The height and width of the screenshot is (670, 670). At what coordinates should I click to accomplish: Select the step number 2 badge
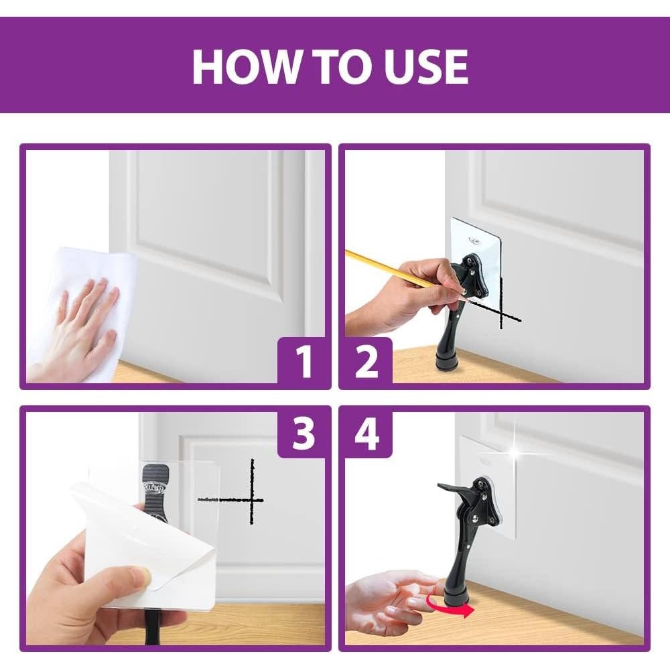tap(366, 362)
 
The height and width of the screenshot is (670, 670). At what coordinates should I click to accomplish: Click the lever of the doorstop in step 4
tap(456, 489)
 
